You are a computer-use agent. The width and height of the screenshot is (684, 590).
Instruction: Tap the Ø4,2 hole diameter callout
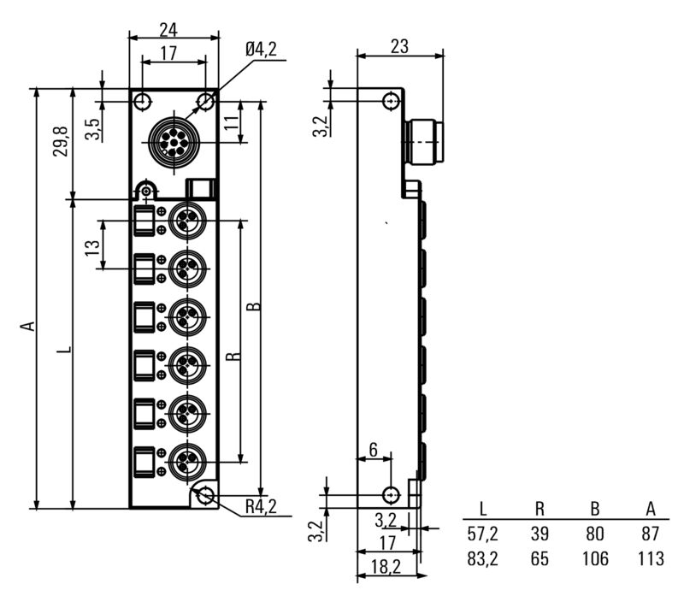click(x=260, y=50)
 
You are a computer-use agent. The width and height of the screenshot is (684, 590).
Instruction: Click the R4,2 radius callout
click(x=261, y=507)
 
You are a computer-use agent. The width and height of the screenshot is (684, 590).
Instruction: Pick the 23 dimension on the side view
click(x=399, y=47)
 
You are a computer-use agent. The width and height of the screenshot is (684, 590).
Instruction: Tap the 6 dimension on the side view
click(x=373, y=451)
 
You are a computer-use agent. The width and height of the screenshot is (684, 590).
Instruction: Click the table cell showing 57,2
click(x=483, y=535)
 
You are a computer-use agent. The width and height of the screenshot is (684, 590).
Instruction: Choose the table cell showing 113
click(x=651, y=559)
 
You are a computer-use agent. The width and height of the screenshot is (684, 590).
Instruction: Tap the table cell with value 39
click(x=540, y=535)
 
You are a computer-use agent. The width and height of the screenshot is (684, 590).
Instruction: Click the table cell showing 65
click(x=540, y=559)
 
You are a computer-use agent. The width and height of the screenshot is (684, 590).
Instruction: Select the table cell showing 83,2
click(x=483, y=559)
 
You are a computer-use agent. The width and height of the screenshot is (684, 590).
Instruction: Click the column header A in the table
click(x=651, y=510)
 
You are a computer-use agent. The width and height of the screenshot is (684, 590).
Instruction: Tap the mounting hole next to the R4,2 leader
click(x=206, y=495)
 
